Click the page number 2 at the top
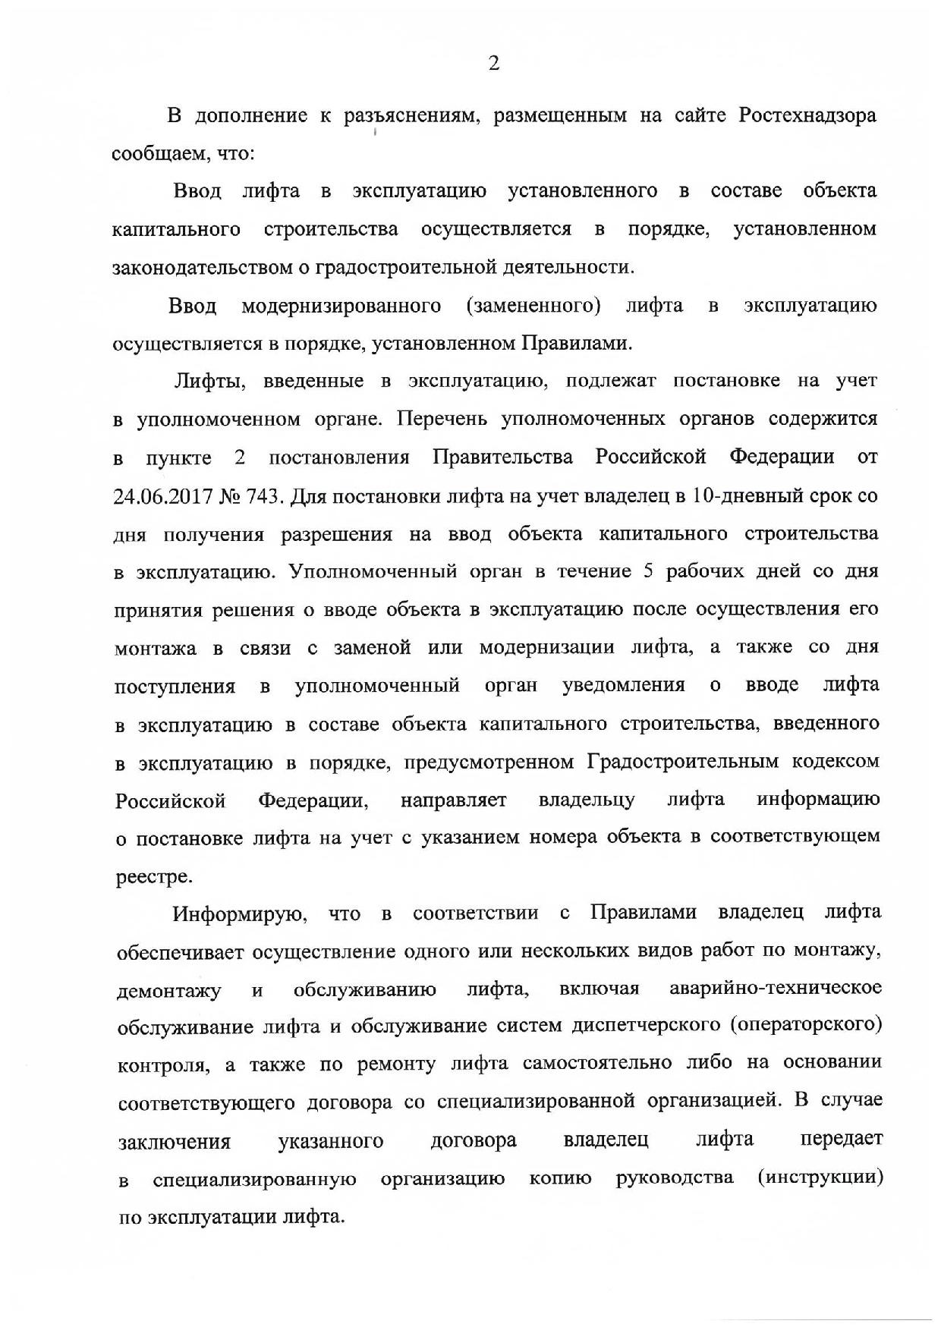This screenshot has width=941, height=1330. click(x=493, y=64)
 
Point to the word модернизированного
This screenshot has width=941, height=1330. click(x=341, y=306)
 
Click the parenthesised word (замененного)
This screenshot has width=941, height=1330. click(x=533, y=306)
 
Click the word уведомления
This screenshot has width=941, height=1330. click(x=623, y=686)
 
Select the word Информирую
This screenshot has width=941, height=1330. click(x=238, y=913)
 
